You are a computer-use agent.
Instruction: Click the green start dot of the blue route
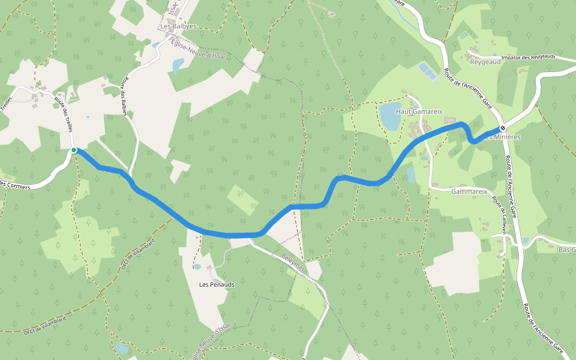[74, 150]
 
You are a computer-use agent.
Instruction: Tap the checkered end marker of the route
[503, 128]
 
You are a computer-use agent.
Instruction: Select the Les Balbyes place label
[178, 26]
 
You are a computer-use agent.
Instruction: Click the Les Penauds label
[217, 284]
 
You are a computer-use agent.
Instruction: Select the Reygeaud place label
[485, 62]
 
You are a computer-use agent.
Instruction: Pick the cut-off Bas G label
[566, 250]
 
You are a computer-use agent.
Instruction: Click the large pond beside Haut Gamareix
[389, 115]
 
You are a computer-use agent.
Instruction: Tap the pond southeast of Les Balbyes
[178, 65]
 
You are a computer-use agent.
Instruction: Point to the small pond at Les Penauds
[197, 266]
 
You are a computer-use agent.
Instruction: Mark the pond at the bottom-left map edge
[122, 348]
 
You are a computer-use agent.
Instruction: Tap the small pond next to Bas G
[526, 241]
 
